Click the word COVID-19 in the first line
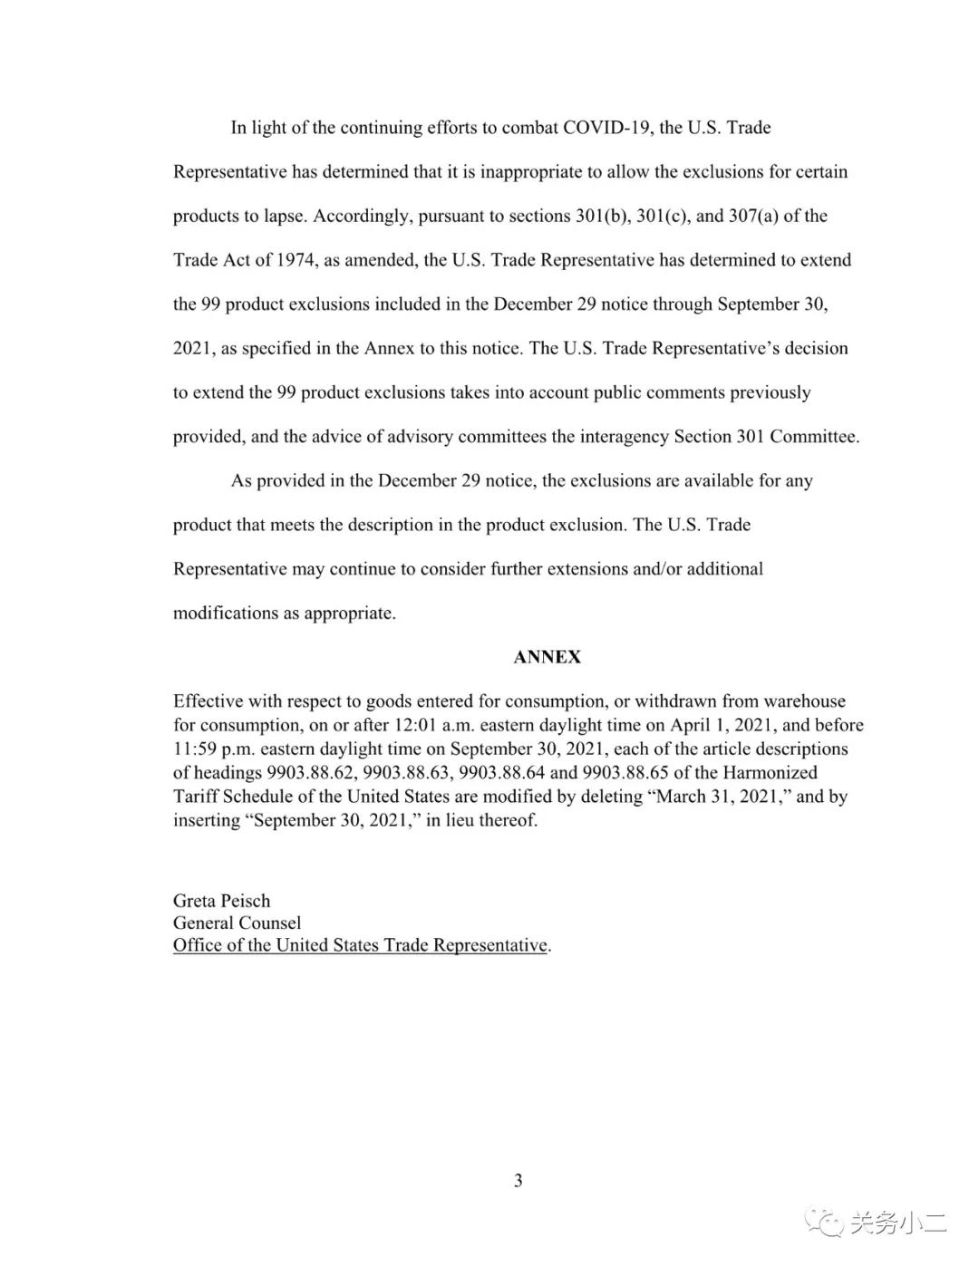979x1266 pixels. click(x=606, y=128)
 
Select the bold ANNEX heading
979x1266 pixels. click(x=547, y=657)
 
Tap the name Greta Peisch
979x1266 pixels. click(x=221, y=901)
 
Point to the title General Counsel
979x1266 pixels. click(x=237, y=923)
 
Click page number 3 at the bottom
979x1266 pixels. click(x=519, y=1180)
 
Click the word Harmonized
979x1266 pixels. click(x=770, y=773)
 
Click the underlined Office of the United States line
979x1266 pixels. click(x=360, y=945)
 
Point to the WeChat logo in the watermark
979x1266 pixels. click(x=826, y=1223)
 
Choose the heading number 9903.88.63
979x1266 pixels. click(x=406, y=773)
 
